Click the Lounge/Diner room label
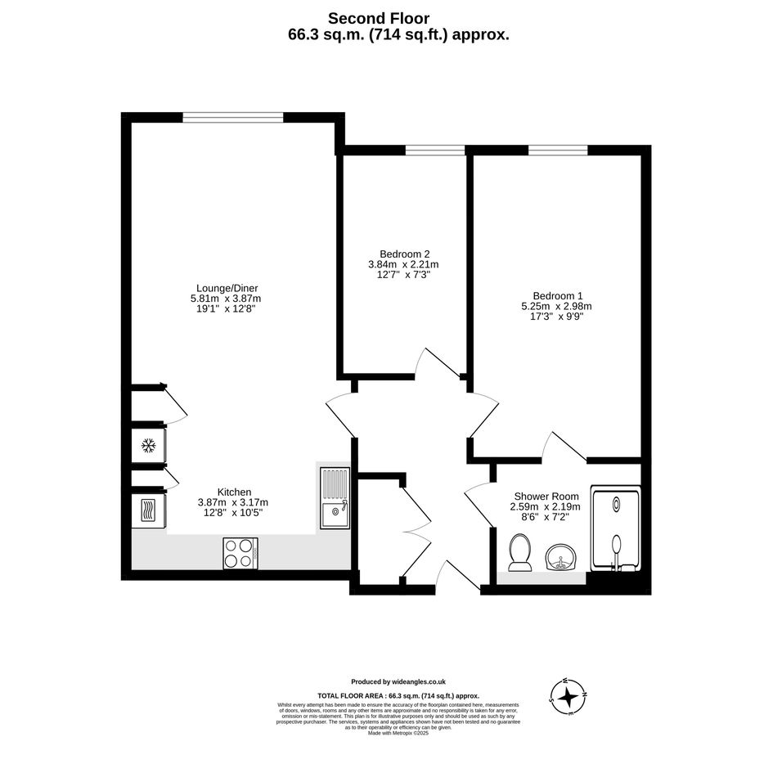coord(227,289)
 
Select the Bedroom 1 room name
coord(558,296)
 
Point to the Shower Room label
coord(546,497)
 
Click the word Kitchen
coord(234,492)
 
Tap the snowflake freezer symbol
coord(148,446)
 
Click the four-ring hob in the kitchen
coord(240,553)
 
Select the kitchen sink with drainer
coord(335,498)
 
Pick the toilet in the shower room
coord(520,553)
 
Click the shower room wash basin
coord(560,557)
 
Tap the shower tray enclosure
coord(616,529)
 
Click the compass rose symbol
coord(569,697)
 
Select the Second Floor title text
coord(379,18)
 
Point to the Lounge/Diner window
coord(233,117)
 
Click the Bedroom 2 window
coord(435,150)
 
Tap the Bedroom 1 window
coord(558,150)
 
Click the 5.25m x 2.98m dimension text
coord(556,306)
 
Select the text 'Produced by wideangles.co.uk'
coord(398,682)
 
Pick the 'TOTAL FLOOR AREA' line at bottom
coord(398,696)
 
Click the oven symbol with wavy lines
coord(148,510)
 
